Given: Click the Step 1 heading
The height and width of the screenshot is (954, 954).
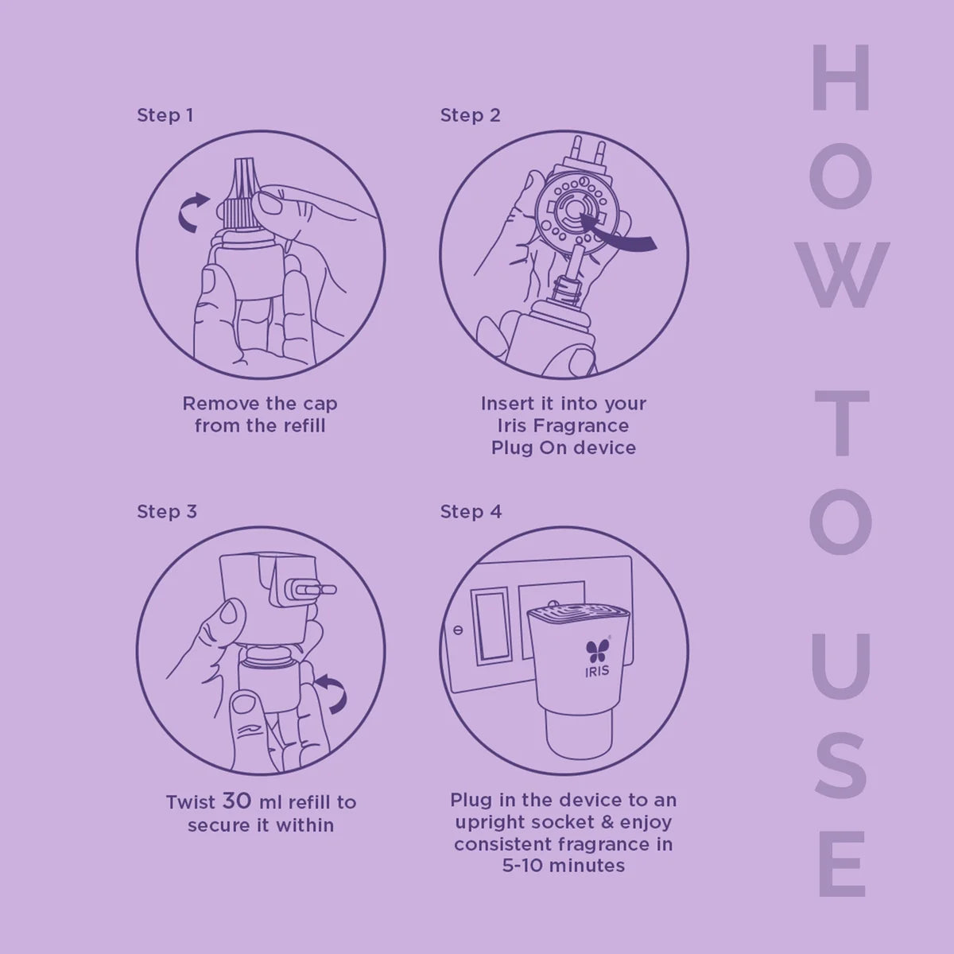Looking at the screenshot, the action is (165, 115).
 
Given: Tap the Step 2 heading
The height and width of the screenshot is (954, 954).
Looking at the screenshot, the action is (471, 115).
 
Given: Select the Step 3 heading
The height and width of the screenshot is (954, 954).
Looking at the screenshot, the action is (167, 511).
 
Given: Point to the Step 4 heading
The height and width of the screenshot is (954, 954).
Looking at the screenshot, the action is (471, 511).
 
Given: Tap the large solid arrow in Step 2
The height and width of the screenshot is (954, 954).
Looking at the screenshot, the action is (619, 233).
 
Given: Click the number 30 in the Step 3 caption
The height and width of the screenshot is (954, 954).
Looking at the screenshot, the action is (237, 801).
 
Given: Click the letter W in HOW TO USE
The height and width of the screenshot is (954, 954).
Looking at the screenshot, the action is (841, 274).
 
